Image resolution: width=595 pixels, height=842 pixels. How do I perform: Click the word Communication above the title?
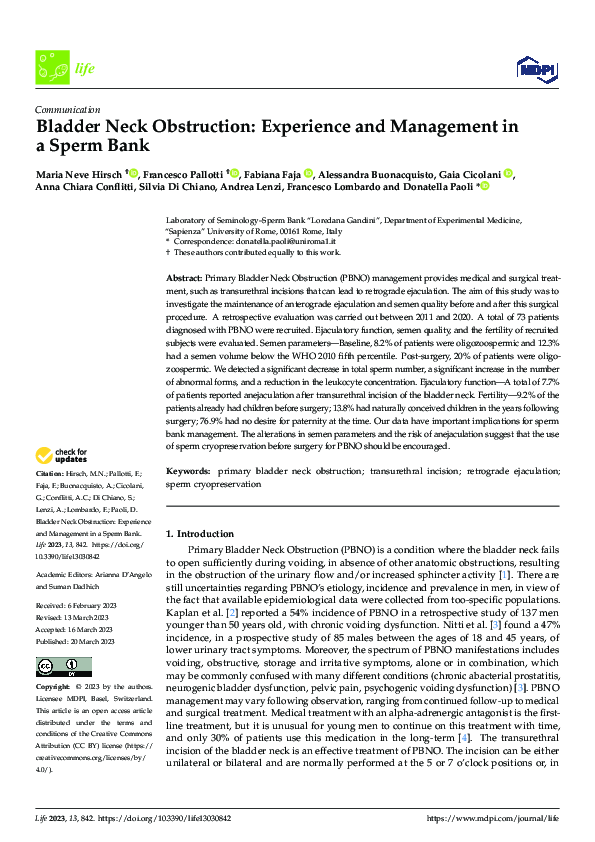67,110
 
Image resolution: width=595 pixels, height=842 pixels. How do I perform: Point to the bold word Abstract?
183,276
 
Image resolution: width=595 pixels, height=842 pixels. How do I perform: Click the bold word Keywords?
187,469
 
